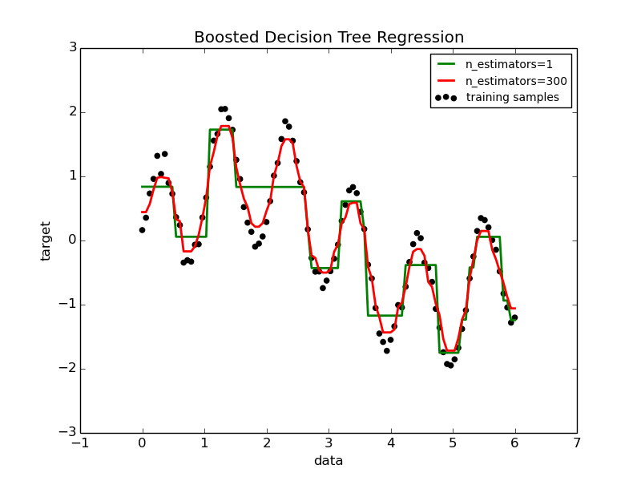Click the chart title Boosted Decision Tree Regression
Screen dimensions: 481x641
[x=329, y=38]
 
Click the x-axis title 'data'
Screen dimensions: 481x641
[x=329, y=461]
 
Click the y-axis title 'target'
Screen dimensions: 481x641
[x=46, y=240]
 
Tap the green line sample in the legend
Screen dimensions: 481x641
[x=445, y=64]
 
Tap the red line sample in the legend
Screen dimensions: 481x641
[x=445, y=81]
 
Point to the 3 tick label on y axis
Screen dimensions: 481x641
[x=72, y=48]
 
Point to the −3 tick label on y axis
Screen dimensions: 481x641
[x=68, y=433]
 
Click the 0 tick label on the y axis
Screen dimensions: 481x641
[x=72, y=240]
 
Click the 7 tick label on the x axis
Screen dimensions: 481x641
[x=576, y=443]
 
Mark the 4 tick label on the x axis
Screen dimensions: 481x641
[x=390, y=443]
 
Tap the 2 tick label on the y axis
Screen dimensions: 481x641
[x=72, y=112]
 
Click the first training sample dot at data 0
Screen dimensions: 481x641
[x=142, y=230]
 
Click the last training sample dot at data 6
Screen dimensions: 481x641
[x=514, y=317]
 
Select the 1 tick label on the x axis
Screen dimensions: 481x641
[x=204, y=443]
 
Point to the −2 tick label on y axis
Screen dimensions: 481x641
[x=68, y=369]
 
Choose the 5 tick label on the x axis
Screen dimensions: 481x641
[x=453, y=443]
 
